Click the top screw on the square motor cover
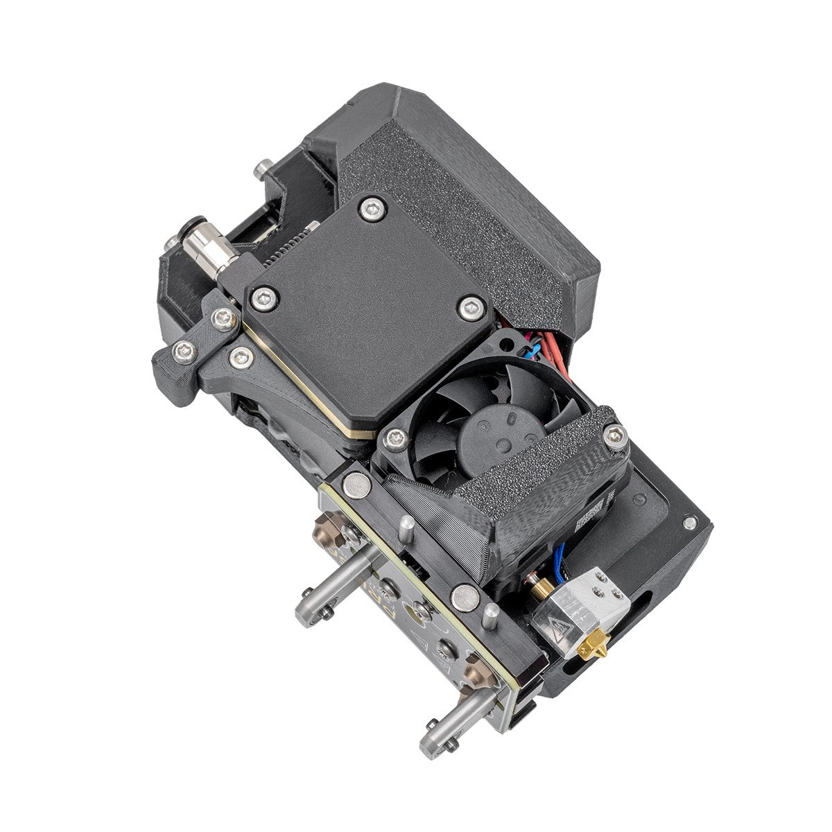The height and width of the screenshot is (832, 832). coord(376,205)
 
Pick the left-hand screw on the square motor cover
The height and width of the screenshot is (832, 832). coord(264,299)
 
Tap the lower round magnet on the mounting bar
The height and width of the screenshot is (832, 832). coord(461,594)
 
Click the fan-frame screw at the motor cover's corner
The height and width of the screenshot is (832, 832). coord(395,436)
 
